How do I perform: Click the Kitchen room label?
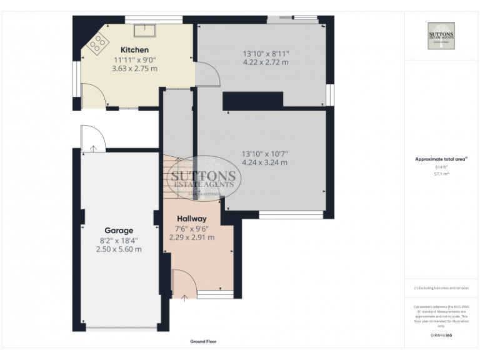[134, 49]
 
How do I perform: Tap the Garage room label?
[118, 231]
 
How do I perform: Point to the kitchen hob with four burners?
[98, 42]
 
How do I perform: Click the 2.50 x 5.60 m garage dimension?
[118, 249]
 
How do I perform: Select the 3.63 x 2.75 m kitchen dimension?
[134, 68]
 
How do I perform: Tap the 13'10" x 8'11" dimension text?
[266, 53]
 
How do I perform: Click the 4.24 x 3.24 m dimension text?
[265, 162]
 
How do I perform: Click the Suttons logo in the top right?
[441, 36]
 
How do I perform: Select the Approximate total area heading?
[441, 160]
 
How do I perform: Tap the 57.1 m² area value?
[441, 174]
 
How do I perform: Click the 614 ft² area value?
[441, 167]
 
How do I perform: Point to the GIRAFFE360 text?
[441, 336]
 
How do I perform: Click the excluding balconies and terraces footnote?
[441, 287]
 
